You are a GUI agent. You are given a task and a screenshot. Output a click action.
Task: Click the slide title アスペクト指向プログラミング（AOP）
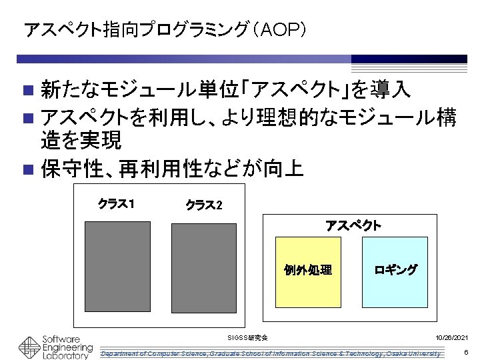(165, 30)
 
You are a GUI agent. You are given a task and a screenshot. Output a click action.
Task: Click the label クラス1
(117, 203)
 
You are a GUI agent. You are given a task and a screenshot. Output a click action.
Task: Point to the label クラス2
(203, 204)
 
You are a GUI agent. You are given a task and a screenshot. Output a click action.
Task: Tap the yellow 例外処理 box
(307, 270)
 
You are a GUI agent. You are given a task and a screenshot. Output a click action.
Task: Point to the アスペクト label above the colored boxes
(353, 225)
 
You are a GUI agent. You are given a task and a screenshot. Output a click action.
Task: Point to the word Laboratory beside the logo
(65, 356)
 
